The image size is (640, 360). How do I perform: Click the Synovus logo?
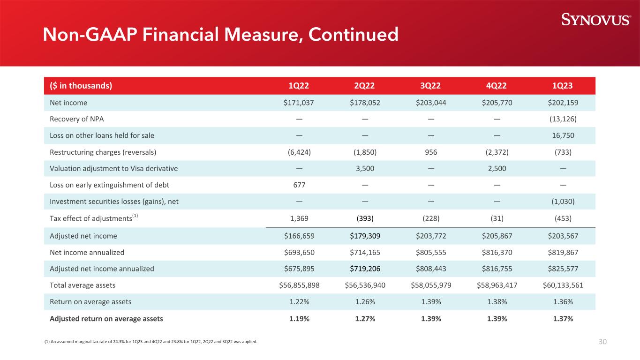coord(596,20)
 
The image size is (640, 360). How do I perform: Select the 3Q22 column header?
coord(430,86)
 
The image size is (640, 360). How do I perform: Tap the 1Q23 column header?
coord(562,86)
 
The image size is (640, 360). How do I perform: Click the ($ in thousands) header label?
coord(81,86)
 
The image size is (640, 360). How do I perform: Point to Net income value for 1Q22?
coord(299,103)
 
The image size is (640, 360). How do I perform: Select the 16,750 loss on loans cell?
coord(563,135)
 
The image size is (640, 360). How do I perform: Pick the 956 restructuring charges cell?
coord(431,152)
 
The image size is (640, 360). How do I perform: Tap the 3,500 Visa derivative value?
coord(365,168)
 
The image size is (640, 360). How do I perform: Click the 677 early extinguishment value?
coord(299,185)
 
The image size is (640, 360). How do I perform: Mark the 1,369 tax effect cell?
coord(299,218)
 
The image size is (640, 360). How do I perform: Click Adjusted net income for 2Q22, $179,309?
coord(365,236)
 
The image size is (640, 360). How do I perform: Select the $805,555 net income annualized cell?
coord(431,252)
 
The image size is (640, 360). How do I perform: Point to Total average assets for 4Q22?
coord(497,285)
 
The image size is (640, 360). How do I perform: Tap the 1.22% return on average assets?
coord(299,302)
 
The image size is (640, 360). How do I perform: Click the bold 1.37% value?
coord(563,319)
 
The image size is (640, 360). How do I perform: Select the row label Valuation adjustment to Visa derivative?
coord(114,169)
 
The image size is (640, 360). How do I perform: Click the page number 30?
coord(602,342)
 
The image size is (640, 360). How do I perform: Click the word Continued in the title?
coord(353,35)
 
